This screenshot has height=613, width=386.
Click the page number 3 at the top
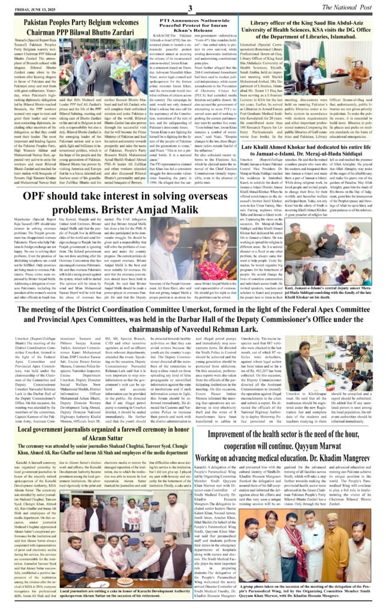click(191, 8)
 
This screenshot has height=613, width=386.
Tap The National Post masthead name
click(347, 7)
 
